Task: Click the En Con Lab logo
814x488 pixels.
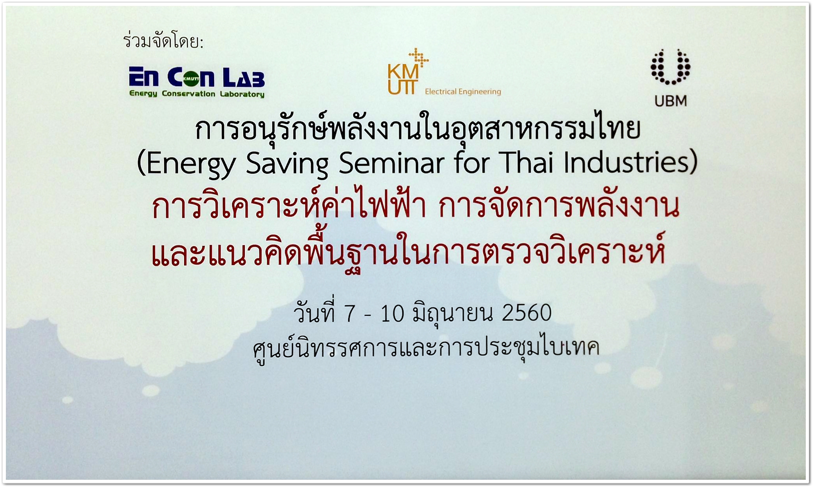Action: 197,81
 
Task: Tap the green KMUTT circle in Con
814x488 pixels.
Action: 192,78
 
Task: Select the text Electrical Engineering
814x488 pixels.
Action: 463,92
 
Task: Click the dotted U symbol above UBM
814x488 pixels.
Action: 670,67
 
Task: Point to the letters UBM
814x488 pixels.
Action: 671,101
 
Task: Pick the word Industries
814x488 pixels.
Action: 626,161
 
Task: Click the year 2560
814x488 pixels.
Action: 526,313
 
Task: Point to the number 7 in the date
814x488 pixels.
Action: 349,314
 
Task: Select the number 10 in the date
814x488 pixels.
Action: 392,314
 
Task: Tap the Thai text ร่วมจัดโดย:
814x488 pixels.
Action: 163,41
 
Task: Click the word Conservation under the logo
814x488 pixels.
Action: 188,94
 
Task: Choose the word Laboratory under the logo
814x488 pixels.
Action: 242,94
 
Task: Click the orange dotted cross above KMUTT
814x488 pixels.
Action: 418,57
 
